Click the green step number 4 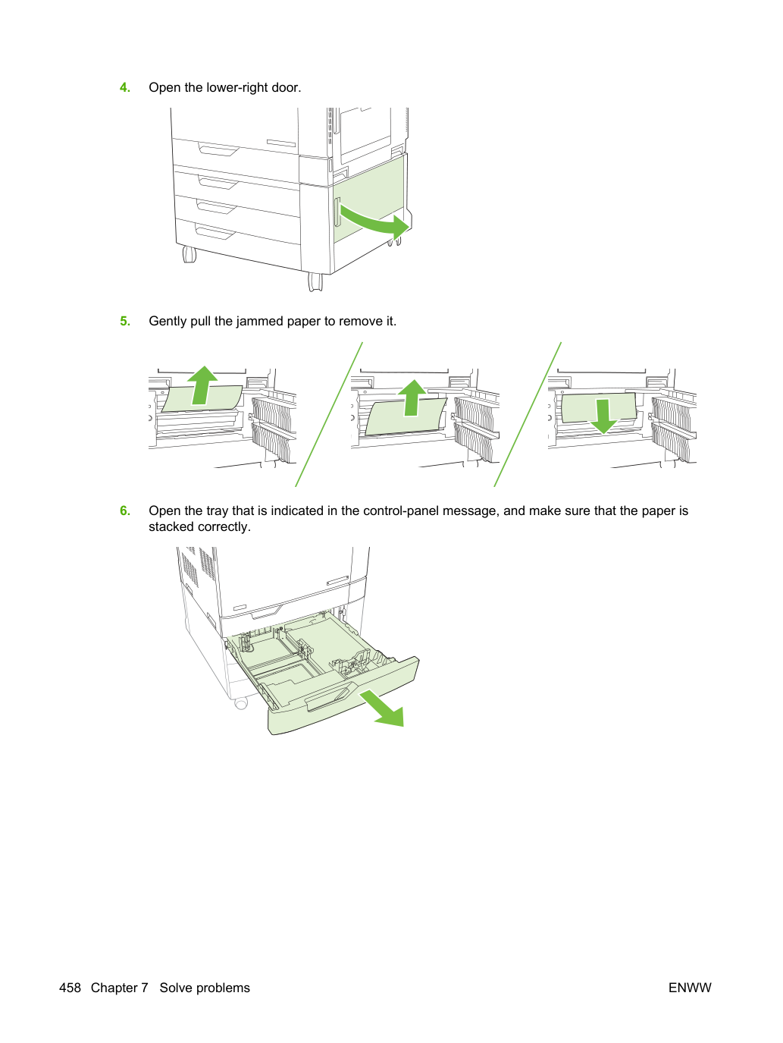tap(125, 87)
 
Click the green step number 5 tap(125, 321)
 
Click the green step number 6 tap(125, 511)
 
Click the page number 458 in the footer tap(70, 988)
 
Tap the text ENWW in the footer tap(690, 988)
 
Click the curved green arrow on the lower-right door tap(375, 222)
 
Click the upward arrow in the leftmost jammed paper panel tap(202, 385)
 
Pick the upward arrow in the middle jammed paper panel tap(412, 397)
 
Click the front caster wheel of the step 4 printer tap(315, 281)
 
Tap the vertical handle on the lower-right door tap(337, 212)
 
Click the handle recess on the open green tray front tap(327, 696)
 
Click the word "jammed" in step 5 tap(261, 322)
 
